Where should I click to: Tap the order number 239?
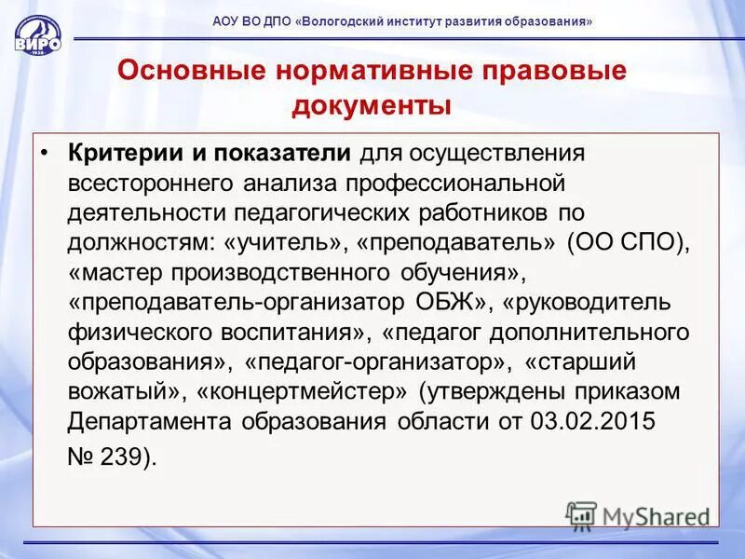point(124,457)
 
